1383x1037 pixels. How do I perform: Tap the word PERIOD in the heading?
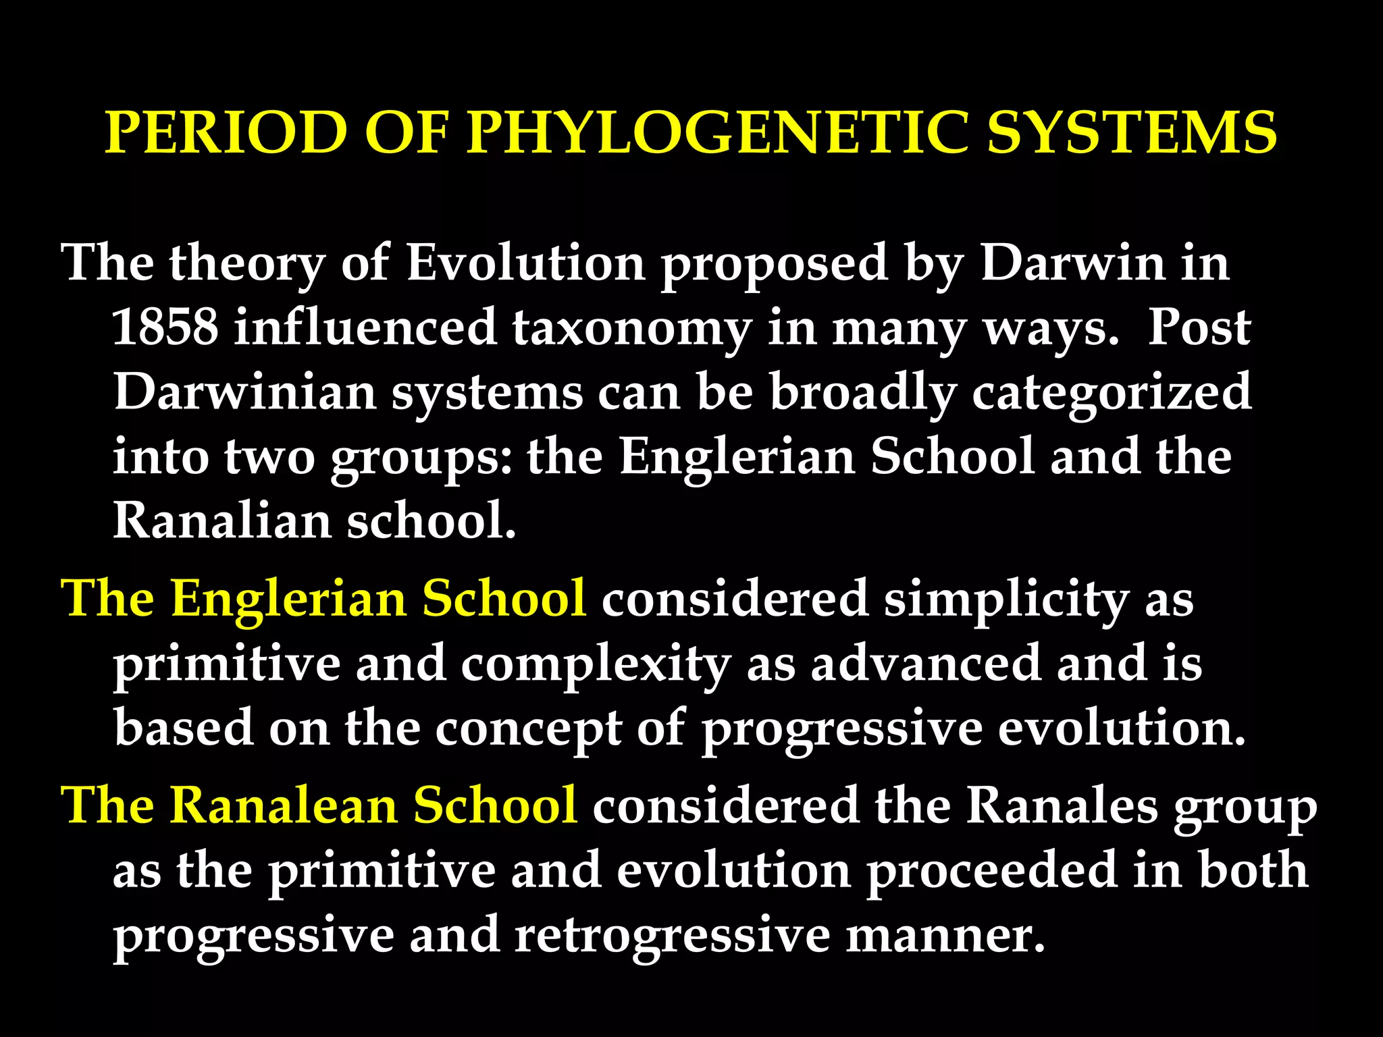click(x=226, y=132)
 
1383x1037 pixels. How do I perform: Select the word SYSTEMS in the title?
click(x=1132, y=132)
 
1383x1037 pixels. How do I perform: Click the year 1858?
click(x=165, y=327)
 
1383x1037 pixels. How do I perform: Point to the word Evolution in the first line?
click(x=525, y=263)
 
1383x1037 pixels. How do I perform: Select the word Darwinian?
click(x=244, y=392)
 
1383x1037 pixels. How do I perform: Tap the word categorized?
click(x=1111, y=394)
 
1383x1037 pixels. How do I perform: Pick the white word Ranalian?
click(x=221, y=521)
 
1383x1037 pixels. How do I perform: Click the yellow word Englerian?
click(x=288, y=600)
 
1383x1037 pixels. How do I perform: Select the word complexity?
click(x=596, y=664)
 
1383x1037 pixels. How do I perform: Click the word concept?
click(x=528, y=729)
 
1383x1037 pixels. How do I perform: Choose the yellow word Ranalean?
click(x=283, y=805)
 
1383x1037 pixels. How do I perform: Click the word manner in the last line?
click(x=945, y=936)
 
